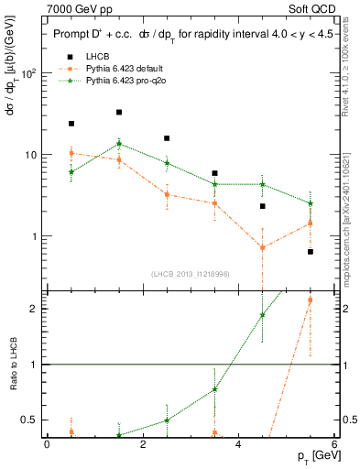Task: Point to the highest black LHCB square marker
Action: [x=119, y=113]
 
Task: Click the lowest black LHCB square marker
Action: [x=311, y=252]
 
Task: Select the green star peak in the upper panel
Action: [x=119, y=144]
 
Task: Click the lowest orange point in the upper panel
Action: [x=263, y=247]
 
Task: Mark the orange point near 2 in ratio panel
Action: [x=311, y=300]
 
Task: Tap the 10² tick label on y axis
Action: [x=28, y=73]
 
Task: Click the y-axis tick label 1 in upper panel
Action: [x=34, y=236]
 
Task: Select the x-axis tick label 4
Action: [x=238, y=444]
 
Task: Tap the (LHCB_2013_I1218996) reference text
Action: [x=191, y=274]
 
